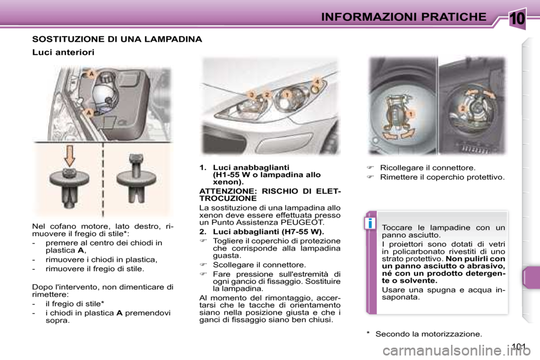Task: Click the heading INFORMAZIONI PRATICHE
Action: tap(403, 16)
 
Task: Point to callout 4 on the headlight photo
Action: tap(317, 83)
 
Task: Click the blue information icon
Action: tap(370, 223)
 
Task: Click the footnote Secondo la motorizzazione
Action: tap(428, 334)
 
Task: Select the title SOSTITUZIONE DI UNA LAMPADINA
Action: tap(117, 39)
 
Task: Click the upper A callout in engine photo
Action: tap(89, 74)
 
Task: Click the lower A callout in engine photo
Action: tap(89, 112)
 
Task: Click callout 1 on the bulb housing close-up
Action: tap(411, 114)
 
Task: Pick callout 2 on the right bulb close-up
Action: tap(462, 107)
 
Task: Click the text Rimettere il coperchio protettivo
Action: tap(442, 177)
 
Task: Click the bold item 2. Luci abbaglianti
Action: tap(262, 231)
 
